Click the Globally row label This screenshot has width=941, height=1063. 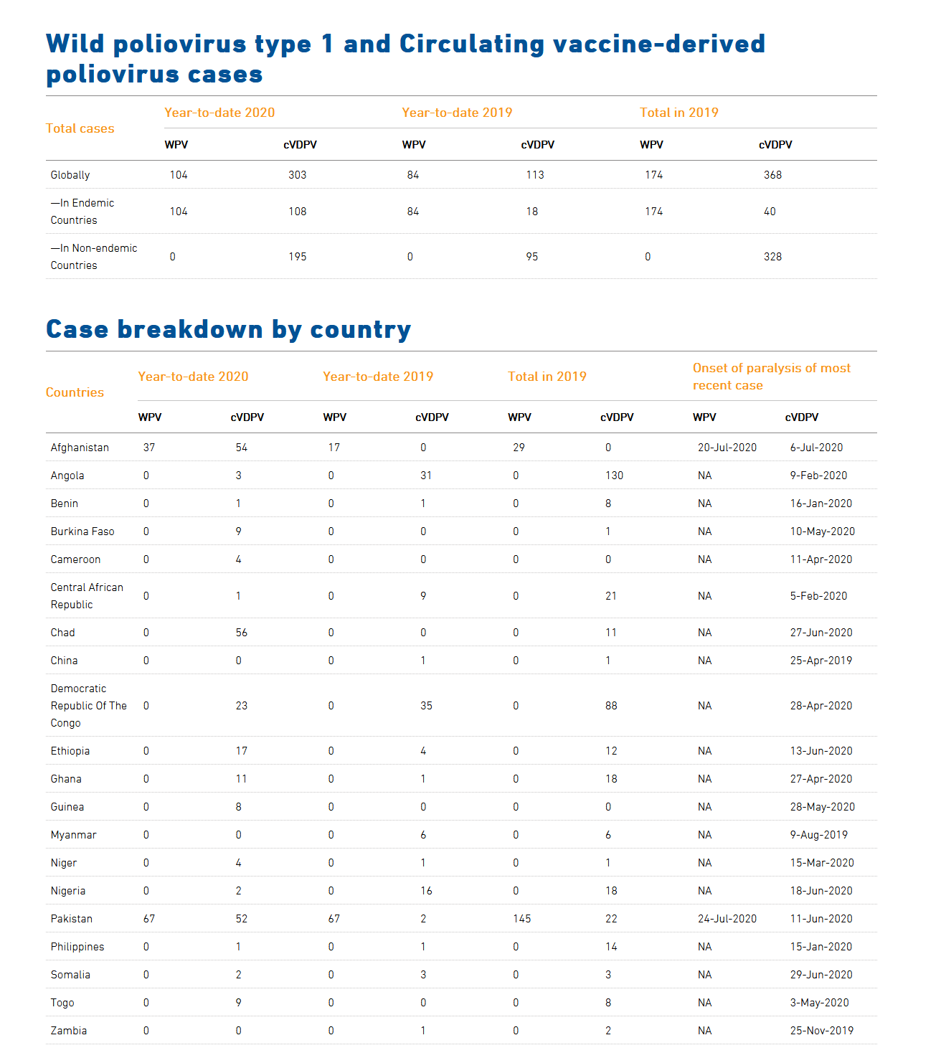pyautogui.click(x=70, y=175)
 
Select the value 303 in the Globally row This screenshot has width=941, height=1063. pyautogui.click(x=297, y=175)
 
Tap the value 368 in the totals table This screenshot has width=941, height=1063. pyautogui.click(x=772, y=175)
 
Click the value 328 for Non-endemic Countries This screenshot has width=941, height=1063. pyautogui.click(x=772, y=257)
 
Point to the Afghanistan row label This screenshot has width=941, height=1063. pyautogui.click(x=80, y=448)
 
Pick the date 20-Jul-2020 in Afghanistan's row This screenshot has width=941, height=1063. pyautogui.click(x=727, y=448)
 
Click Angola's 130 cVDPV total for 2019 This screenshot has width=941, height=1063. pyautogui.click(x=614, y=476)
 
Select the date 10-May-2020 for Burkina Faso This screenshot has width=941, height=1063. pyautogui.click(x=823, y=531)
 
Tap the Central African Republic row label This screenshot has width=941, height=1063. pyautogui.click(x=87, y=596)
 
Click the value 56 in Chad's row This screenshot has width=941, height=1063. pyautogui.click(x=242, y=633)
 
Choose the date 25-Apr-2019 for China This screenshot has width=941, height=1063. pyautogui.click(x=821, y=661)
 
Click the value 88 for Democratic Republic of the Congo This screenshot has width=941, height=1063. pyautogui.click(x=611, y=706)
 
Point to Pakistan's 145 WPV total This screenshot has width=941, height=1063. pyautogui.click(x=521, y=919)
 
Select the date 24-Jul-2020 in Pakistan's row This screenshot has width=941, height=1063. pyautogui.click(x=727, y=919)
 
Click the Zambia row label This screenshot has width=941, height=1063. pyautogui.click(x=68, y=1031)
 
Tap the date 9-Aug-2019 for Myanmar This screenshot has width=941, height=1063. pyautogui.click(x=819, y=835)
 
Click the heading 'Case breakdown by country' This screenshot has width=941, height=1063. pyautogui.click(x=228, y=329)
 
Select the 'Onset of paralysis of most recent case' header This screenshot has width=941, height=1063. pyautogui.click(x=772, y=376)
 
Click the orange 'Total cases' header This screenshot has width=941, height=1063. pyautogui.click(x=80, y=128)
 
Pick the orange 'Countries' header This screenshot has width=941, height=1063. pyautogui.click(x=75, y=392)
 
